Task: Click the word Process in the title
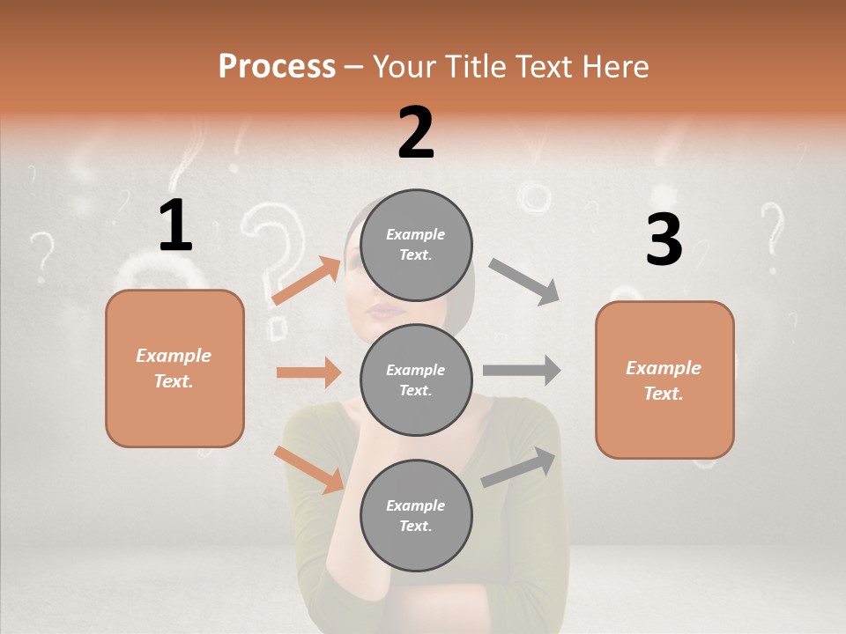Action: pyautogui.click(x=277, y=66)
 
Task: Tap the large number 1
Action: pyautogui.click(x=175, y=226)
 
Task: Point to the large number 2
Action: pyautogui.click(x=416, y=133)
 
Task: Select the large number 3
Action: pyautogui.click(x=664, y=240)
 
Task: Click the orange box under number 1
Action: pyautogui.click(x=174, y=368)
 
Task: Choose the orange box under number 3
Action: pyautogui.click(x=664, y=380)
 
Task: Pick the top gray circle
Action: pyautogui.click(x=416, y=245)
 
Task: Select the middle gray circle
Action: pyautogui.click(x=416, y=380)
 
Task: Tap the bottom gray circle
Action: pyautogui.click(x=416, y=515)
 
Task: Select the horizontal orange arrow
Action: pyautogui.click(x=308, y=372)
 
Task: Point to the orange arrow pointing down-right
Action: pyautogui.click(x=309, y=469)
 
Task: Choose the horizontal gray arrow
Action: pyautogui.click(x=522, y=371)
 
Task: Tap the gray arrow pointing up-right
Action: pyautogui.click(x=519, y=468)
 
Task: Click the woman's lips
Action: pyautogui.click(x=384, y=310)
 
